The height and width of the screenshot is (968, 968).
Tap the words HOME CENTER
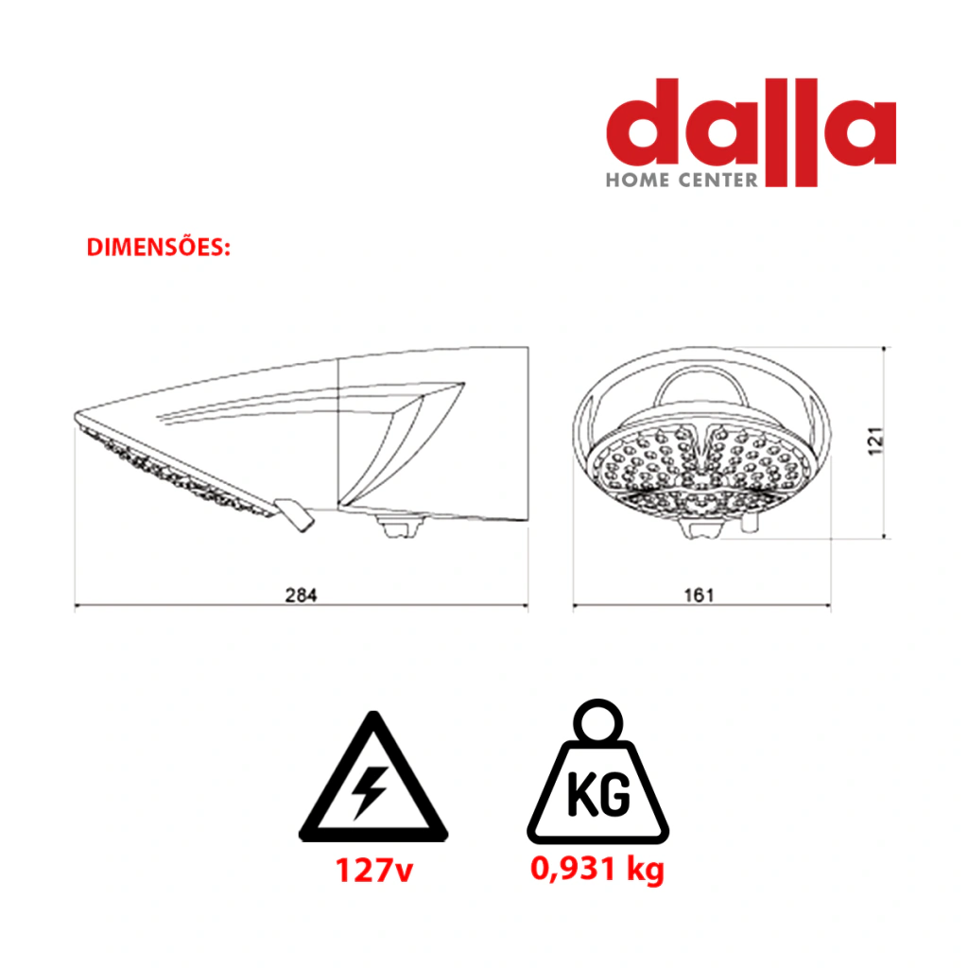coord(682,181)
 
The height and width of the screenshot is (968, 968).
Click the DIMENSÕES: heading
coord(158,247)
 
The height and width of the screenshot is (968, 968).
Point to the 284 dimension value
coord(301,596)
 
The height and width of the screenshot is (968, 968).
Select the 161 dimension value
coord(699,596)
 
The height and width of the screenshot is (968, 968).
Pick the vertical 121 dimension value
coord(875,441)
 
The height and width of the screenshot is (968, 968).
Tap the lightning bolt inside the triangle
coord(369,793)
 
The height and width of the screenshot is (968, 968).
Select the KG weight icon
coord(597,771)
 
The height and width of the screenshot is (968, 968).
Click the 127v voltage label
coord(374,871)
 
